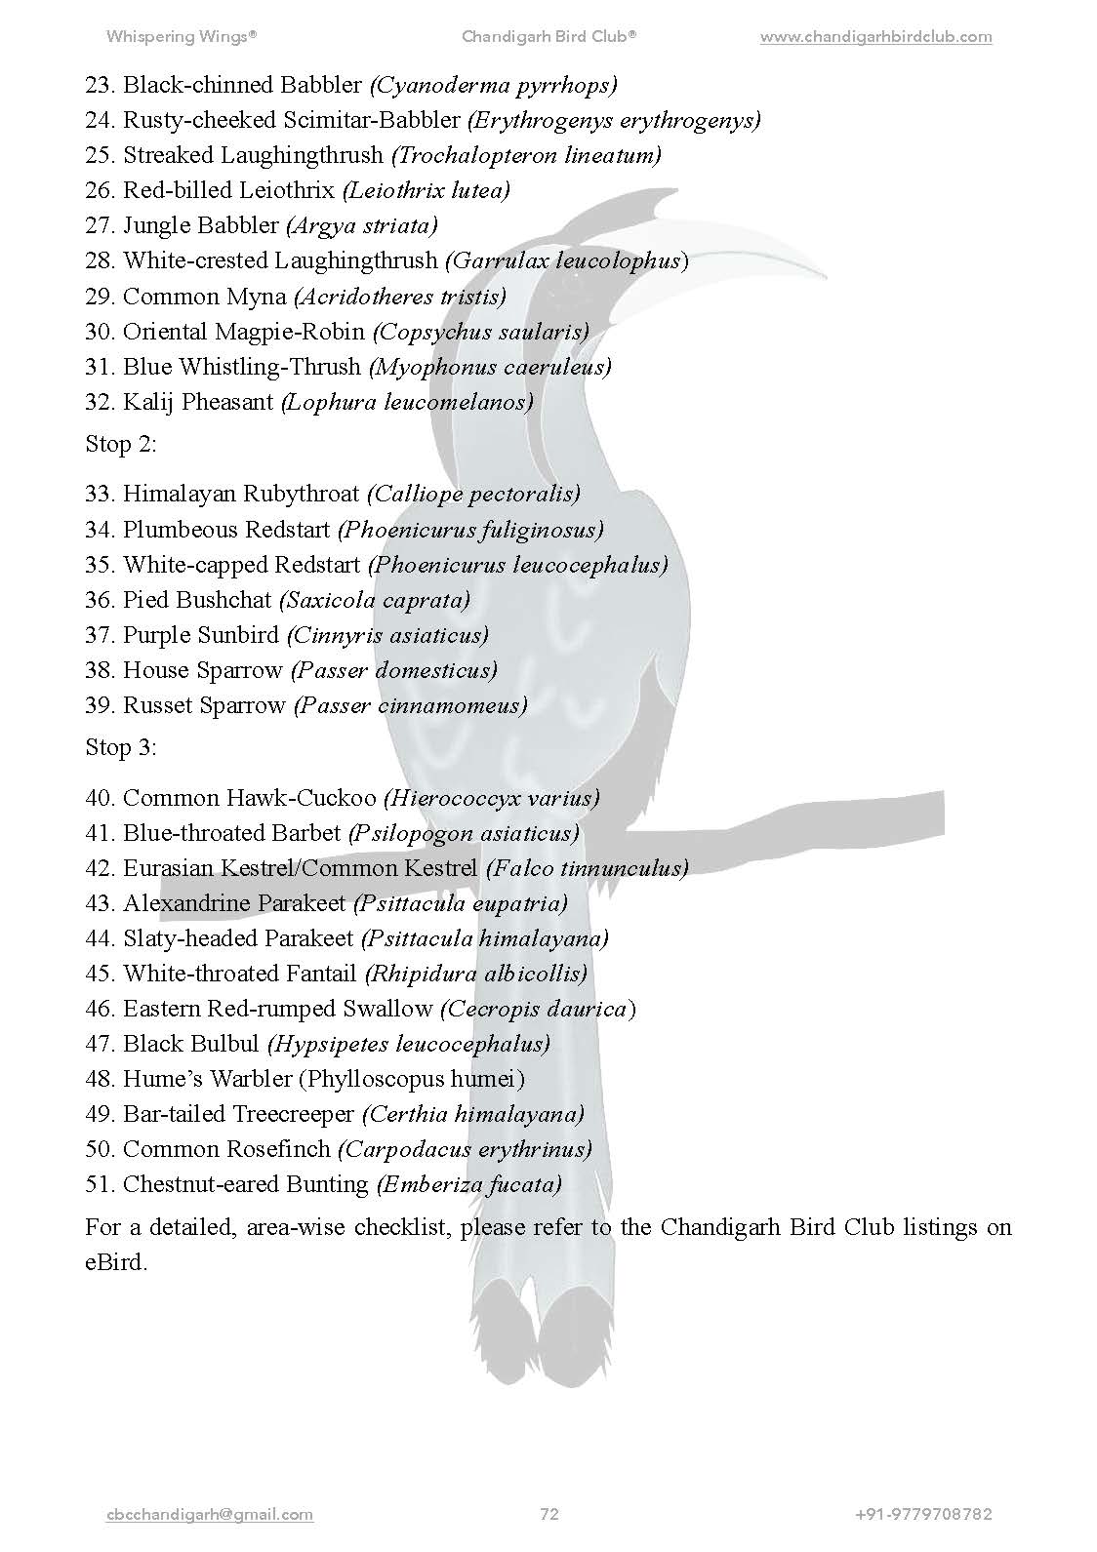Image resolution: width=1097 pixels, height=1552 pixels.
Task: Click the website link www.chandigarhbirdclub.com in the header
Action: click(x=875, y=37)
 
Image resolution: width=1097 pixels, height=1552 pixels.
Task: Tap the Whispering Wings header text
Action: click(x=182, y=37)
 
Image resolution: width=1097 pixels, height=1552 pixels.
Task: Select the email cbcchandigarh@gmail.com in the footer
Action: click(x=210, y=1514)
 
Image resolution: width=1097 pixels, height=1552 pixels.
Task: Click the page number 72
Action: click(x=549, y=1514)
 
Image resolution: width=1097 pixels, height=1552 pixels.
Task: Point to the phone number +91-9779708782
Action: click(x=923, y=1514)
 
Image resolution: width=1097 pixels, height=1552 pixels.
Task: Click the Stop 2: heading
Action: click(x=121, y=444)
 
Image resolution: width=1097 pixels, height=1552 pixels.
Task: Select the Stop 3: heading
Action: click(x=121, y=747)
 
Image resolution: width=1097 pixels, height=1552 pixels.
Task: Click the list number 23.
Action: click(x=100, y=86)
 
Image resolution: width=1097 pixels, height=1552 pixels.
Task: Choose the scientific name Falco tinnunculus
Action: click(x=587, y=868)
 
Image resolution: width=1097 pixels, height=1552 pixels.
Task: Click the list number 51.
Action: click(x=100, y=1184)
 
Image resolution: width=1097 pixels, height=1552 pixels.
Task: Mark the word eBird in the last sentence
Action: click(x=115, y=1262)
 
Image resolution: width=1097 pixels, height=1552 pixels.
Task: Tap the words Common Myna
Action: click(x=205, y=297)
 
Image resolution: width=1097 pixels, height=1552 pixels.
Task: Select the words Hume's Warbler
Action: click(x=208, y=1079)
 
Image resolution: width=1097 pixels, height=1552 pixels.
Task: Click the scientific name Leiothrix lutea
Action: click(x=427, y=190)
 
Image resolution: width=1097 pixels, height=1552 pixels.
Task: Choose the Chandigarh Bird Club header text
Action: click(x=548, y=37)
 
